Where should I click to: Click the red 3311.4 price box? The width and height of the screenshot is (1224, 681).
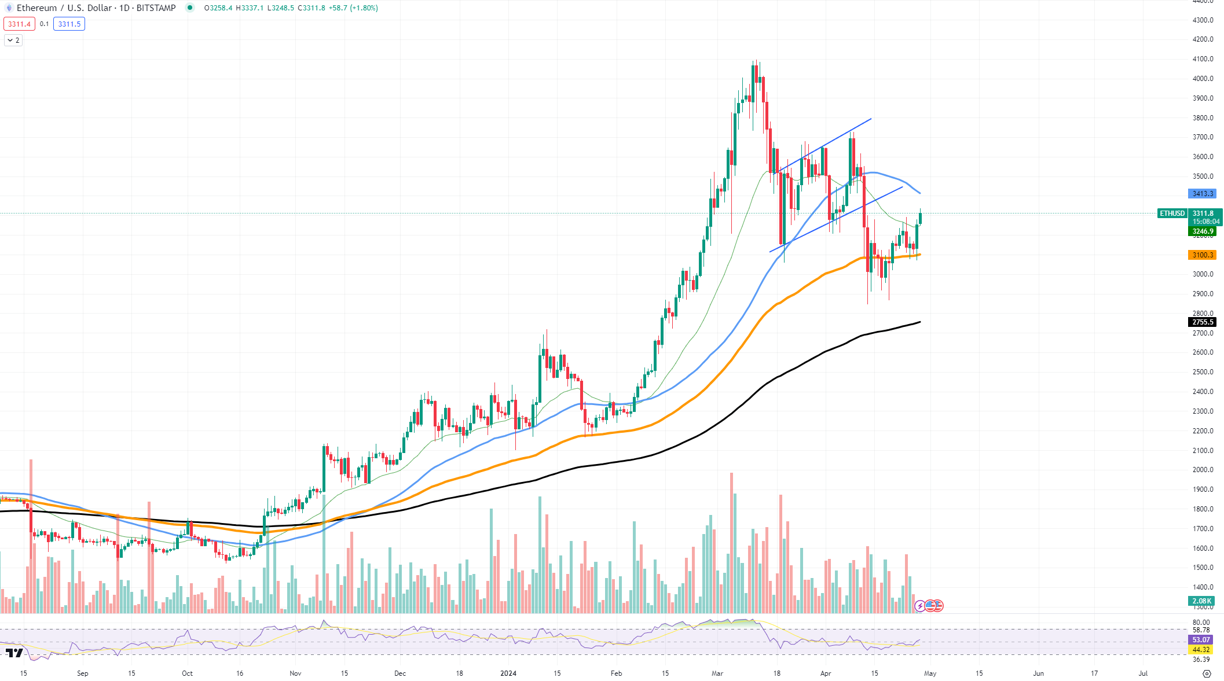[19, 24]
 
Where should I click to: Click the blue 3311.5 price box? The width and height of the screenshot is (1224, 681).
[69, 24]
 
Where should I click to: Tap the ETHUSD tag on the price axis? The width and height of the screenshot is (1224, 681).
[1172, 213]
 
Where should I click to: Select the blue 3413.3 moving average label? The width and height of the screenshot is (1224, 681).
[1202, 194]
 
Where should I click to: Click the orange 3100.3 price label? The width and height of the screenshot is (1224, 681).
[1202, 255]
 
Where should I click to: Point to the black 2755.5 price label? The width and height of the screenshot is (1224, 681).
[1202, 322]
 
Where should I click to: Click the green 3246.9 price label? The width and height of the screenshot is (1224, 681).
[1202, 231]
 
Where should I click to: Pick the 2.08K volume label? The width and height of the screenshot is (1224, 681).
[1201, 601]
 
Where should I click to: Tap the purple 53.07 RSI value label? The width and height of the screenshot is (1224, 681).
[1201, 640]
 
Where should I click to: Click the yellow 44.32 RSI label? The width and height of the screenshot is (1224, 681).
[1201, 650]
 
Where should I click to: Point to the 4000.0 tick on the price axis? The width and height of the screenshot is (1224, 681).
[1203, 79]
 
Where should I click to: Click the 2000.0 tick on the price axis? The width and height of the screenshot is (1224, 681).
[1203, 470]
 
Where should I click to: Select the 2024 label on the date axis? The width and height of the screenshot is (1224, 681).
[508, 673]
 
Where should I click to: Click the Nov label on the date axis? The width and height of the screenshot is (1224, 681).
[295, 673]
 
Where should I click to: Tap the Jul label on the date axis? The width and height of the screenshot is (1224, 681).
[1143, 673]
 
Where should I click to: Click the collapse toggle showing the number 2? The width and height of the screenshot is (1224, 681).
[13, 41]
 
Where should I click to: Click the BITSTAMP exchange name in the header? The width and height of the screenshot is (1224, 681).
[156, 8]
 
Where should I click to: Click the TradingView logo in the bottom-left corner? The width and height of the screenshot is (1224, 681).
[14, 653]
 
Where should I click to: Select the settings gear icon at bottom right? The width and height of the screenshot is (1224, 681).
[1207, 673]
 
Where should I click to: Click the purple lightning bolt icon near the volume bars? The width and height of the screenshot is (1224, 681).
[919, 606]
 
